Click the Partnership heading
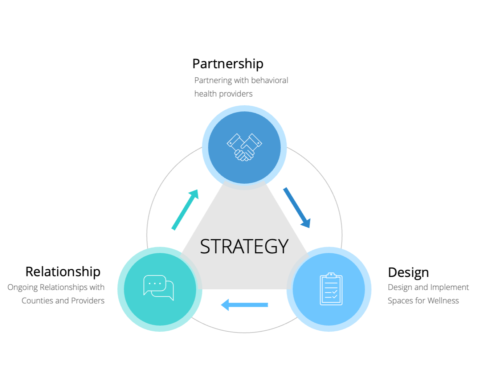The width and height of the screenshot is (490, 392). (228, 64)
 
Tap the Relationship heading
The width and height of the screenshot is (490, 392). (63, 271)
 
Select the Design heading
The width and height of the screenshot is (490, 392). (408, 272)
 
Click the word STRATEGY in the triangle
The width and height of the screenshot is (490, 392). (244, 246)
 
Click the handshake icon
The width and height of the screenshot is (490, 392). (244, 147)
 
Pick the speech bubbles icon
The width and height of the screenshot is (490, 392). (159, 288)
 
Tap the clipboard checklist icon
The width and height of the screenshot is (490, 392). (331, 289)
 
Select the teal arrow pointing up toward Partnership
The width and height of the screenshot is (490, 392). (185, 209)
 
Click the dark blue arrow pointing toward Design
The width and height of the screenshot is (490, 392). (297, 208)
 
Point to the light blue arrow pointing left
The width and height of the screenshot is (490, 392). (245, 305)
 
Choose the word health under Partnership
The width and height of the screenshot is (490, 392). (205, 94)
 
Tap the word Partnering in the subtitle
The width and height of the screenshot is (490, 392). (213, 81)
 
